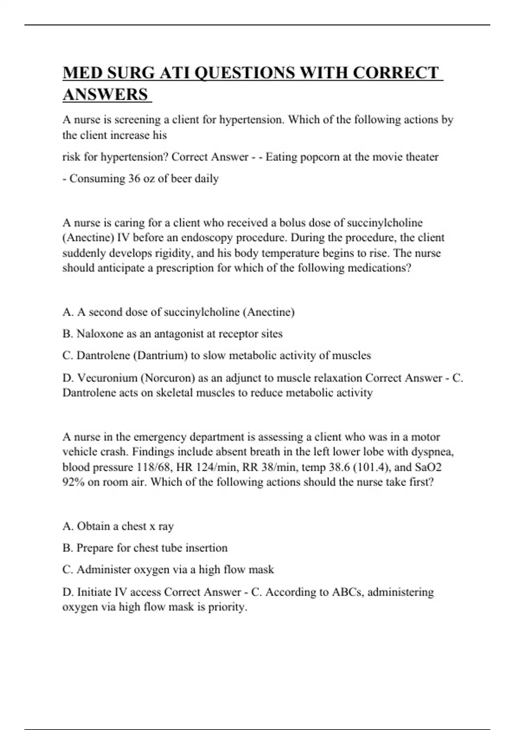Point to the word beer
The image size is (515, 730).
click(181, 179)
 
